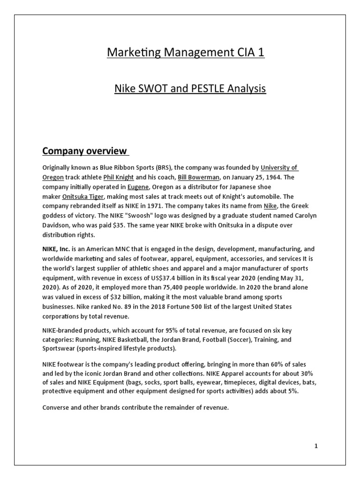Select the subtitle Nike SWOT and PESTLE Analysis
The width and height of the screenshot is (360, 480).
pyautogui.click(x=190, y=88)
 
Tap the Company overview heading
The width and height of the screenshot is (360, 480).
pyautogui.click(x=85, y=150)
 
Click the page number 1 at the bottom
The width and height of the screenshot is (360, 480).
pyautogui.click(x=316, y=446)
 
